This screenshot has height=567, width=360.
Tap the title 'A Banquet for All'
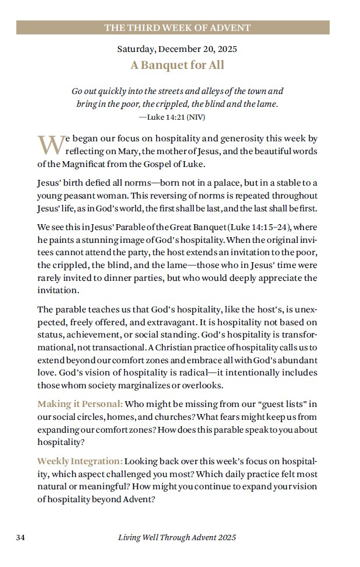[177, 65]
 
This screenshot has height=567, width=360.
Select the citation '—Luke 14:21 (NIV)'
[172, 117]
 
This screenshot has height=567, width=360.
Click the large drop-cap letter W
[49, 144]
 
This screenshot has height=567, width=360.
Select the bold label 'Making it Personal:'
[80, 403]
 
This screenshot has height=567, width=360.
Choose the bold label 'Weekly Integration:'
[80, 461]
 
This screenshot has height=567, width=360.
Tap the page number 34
[19, 537]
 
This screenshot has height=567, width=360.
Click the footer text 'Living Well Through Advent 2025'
[177, 537]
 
